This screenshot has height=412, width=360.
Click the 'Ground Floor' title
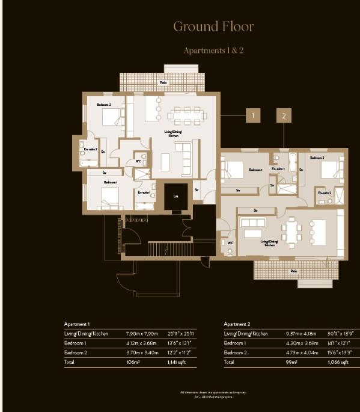[x=213, y=26]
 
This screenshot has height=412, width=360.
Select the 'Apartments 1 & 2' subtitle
[x=213, y=51]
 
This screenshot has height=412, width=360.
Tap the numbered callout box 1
[x=254, y=114]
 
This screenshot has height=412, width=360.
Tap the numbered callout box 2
[x=284, y=114]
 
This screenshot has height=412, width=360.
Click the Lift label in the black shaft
[x=175, y=197]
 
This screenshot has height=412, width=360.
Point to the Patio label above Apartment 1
[x=163, y=82]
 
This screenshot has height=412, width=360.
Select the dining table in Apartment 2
[x=294, y=232]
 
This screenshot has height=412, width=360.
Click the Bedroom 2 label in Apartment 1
[x=104, y=105]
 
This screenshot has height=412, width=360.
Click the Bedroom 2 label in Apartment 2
[x=317, y=157]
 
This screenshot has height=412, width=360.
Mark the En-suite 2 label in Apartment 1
[x=90, y=149]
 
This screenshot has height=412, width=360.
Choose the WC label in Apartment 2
[x=230, y=243]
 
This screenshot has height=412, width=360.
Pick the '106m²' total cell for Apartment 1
[x=133, y=363]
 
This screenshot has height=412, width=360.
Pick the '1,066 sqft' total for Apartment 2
[x=338, y=363]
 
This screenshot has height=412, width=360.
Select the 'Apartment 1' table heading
[x=77, y=324]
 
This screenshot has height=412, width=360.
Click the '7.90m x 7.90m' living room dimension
[x=141, y=333]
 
